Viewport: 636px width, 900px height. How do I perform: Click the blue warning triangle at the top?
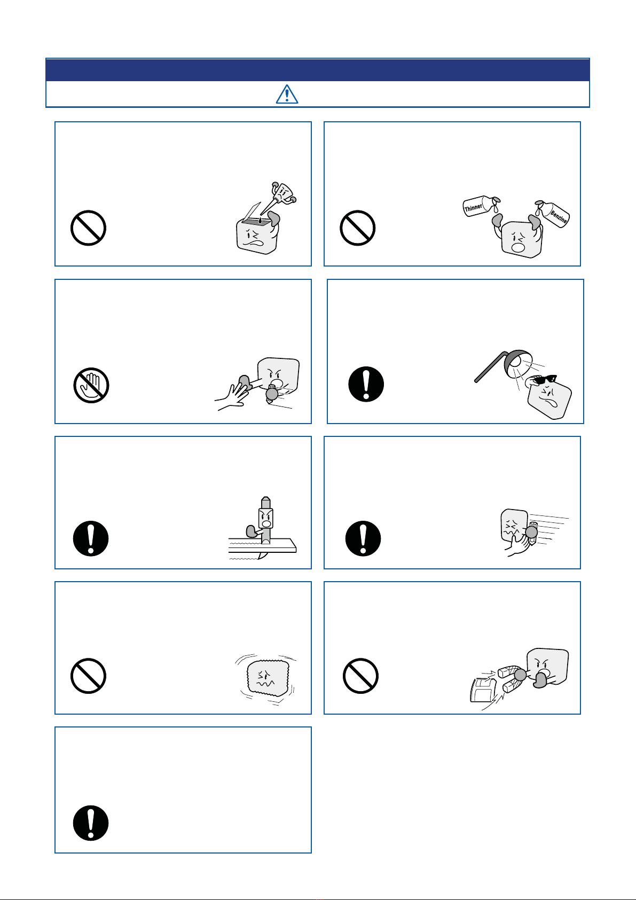click(287, 95)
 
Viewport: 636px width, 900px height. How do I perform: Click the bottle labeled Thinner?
click(480, 206)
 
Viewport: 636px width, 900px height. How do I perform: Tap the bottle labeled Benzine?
click(554, 213)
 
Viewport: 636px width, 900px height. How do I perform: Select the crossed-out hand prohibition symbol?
click(91, 385)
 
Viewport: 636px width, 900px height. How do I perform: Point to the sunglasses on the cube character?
click(545, 379)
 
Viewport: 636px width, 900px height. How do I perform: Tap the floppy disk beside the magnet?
click(483, 690)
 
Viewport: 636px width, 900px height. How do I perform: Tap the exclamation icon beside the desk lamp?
click(366, 384)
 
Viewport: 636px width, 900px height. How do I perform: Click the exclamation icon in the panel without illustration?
click(91, 823)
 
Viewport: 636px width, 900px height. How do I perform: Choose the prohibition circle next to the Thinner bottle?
click(358, 228)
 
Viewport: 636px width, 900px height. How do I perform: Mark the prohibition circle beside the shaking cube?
click(89, 676)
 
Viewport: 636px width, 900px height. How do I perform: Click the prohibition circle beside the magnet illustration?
click(361, 676)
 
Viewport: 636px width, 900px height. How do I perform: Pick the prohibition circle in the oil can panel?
click(89, 228)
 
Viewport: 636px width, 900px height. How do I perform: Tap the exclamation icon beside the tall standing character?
click(91, 538)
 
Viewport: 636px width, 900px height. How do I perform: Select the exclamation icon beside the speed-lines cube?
click(363, 538)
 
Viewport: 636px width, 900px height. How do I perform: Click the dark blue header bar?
click(317, 70)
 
